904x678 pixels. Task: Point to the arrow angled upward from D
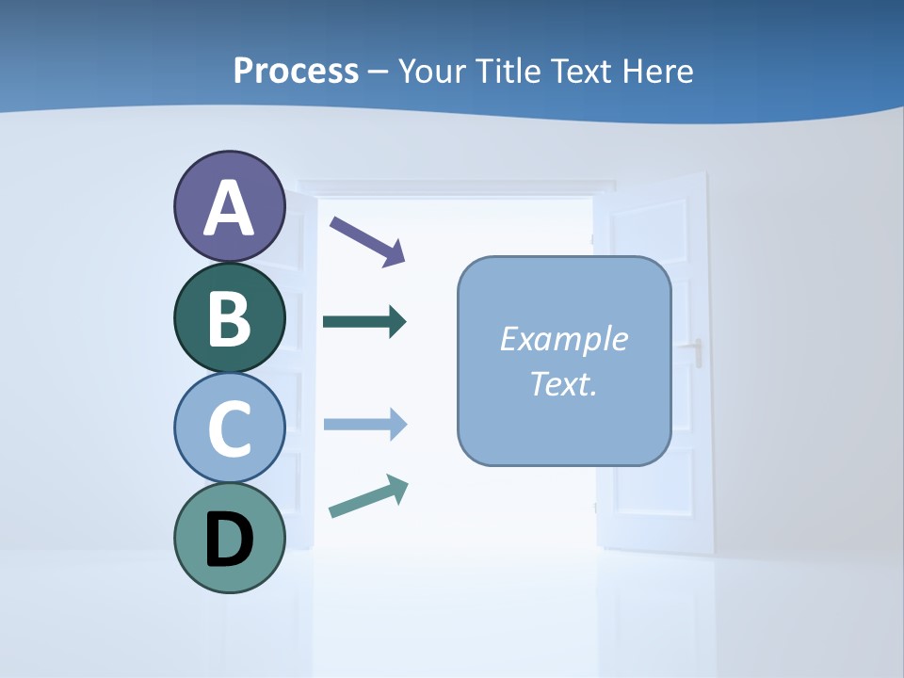pos(368,496)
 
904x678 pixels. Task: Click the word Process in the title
pos(296,71)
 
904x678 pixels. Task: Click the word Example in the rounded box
pos(563,339)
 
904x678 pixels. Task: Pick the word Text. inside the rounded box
pos(563,383)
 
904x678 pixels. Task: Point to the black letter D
pos(229,540)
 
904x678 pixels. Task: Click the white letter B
pos(229,318)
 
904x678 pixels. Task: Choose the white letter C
pos(229,429)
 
